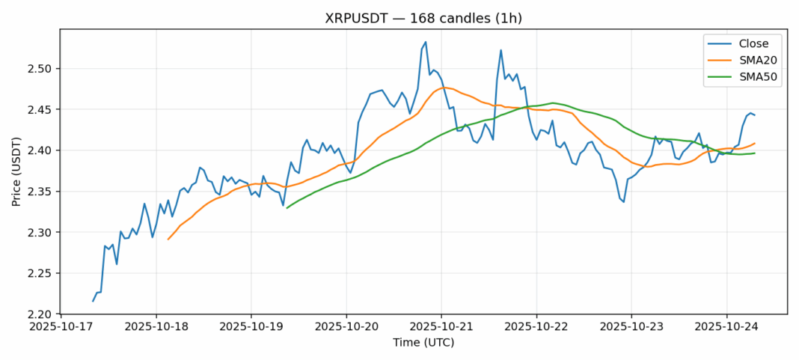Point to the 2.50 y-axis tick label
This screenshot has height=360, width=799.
click(38, 69)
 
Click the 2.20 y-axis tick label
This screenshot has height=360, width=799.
click(38, 314)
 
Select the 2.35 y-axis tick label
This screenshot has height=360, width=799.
click(38, 192)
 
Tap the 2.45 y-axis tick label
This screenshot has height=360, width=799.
click(38, 109)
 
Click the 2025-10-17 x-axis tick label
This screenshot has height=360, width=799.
click(61, 327)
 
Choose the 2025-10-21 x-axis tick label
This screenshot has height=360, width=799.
click(441, 327)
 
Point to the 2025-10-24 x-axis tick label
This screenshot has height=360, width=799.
click(726, 327)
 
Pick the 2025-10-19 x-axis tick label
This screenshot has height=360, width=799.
click(251, 327)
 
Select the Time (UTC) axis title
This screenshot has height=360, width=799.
click(423, 343)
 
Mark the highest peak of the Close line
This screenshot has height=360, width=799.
click(426, 42)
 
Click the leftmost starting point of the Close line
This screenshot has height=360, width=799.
click(94, 301)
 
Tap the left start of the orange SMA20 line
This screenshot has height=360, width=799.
click(168, 240)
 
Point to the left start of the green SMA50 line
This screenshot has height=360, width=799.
click(287, 207)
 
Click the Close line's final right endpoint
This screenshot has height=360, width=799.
click(755, 115)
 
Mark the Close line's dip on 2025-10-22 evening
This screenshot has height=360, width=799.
click(623, 202)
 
